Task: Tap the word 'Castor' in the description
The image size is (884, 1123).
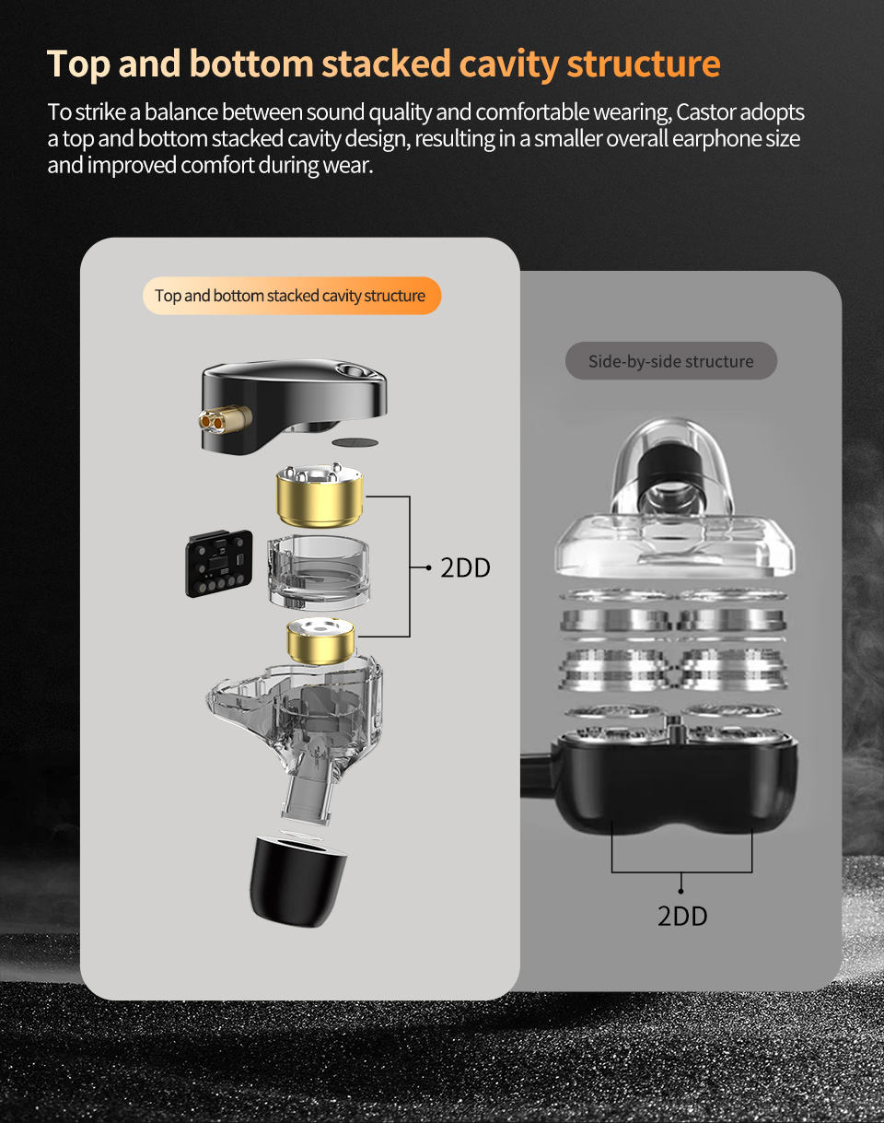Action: pyautogui.click(x=711, y=112)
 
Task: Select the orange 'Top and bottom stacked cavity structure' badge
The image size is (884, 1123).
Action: pyautogui.click(x=291, y=296)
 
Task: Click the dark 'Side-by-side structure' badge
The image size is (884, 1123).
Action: pyautogui.click(x=670, y=361)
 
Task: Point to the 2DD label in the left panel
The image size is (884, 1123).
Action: pyautogui.click(x=465, y=567)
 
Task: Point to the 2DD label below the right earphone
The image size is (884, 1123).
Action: pyautogui.click(x=682, y=916)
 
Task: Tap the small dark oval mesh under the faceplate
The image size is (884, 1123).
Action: pyautogui.click(x=354, y=442)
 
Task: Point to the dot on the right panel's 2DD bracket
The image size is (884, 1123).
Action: pyautogui.click(x=681, y=890)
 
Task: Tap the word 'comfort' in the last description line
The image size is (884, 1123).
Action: pyautogui.click(x=222, y=167)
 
